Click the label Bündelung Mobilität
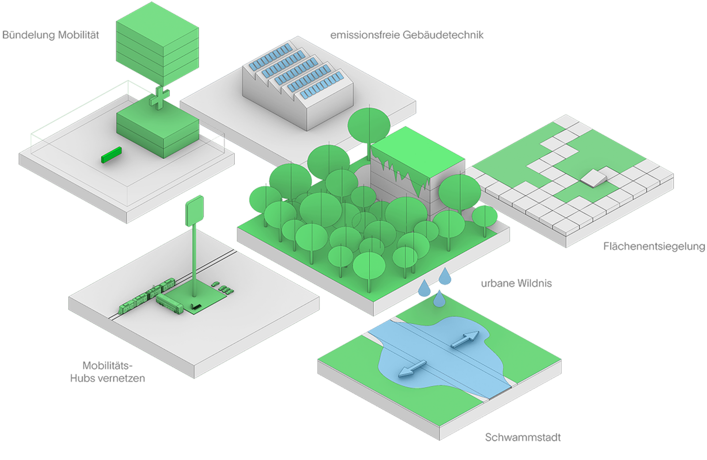click(x=51, y=35)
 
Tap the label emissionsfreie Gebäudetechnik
click(x=407, y=35)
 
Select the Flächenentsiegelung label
click(x=654, y=246)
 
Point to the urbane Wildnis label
click(x=517, y=283)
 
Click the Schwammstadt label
click(x=523, y=437)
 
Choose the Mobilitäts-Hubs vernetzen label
click(x=107, y=372)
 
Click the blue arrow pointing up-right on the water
click(x=464, y=340)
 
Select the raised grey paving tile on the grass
click(x=593, y=178)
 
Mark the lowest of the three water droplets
click(x=439, y=299)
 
